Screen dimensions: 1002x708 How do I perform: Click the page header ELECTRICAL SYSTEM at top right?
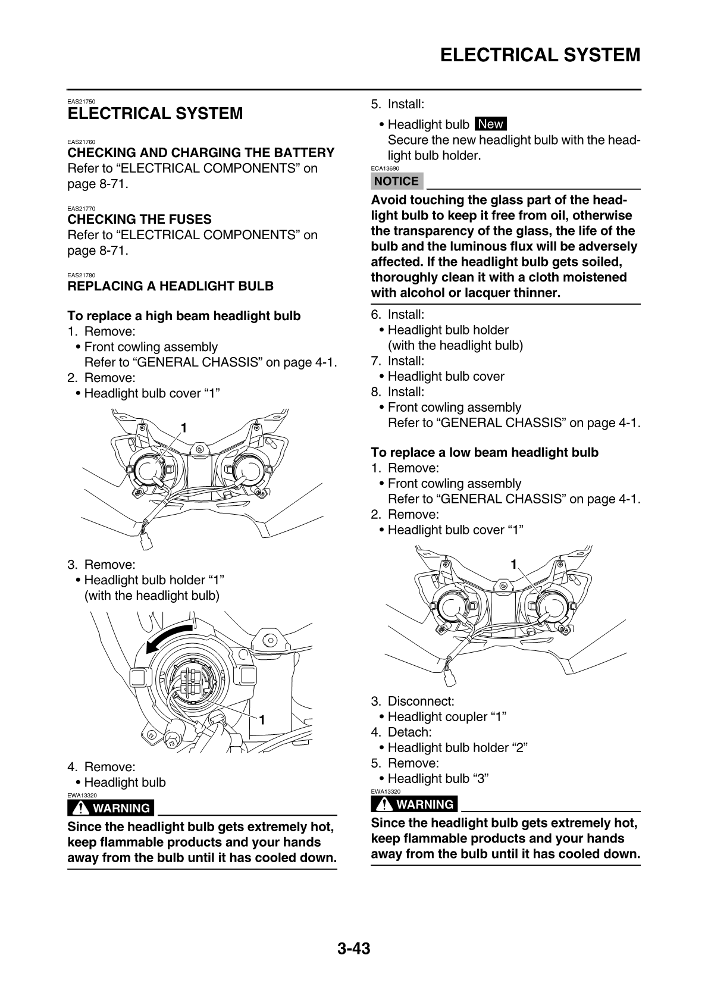click(x=540, y=55)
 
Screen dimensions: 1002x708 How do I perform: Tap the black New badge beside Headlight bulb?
click(x=490, y=124)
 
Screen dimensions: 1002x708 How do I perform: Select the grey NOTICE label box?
click(x=396, y=181)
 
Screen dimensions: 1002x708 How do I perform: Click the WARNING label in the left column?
click(x=112, y=808)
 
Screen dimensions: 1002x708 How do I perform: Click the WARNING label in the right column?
click(x=415, y=804)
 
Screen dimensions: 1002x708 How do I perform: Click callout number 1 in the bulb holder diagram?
click(x=261, y=719)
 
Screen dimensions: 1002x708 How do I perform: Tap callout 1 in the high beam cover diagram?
click(x=184, y=428)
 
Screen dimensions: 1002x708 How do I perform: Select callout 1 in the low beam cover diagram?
click(x=513, y=563)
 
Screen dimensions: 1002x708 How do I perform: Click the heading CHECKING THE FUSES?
click(x=140, y=220)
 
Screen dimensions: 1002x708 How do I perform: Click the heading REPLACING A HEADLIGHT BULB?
click(x=171, y=286)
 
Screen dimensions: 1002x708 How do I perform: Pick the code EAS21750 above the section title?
click(x=82, y=102)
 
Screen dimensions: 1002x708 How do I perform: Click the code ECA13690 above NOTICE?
click(x=385, y=168)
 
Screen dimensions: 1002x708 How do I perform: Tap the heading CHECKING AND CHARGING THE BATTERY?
click(x=201, y=153)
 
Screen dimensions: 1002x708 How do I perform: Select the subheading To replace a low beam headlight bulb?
click(x=484, y=453)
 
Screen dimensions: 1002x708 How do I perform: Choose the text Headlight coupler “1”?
click(x=447, y=717)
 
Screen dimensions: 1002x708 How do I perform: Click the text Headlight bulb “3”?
click(x=438, y=779)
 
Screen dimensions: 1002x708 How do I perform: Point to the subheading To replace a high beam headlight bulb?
click(x=184, y=316)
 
